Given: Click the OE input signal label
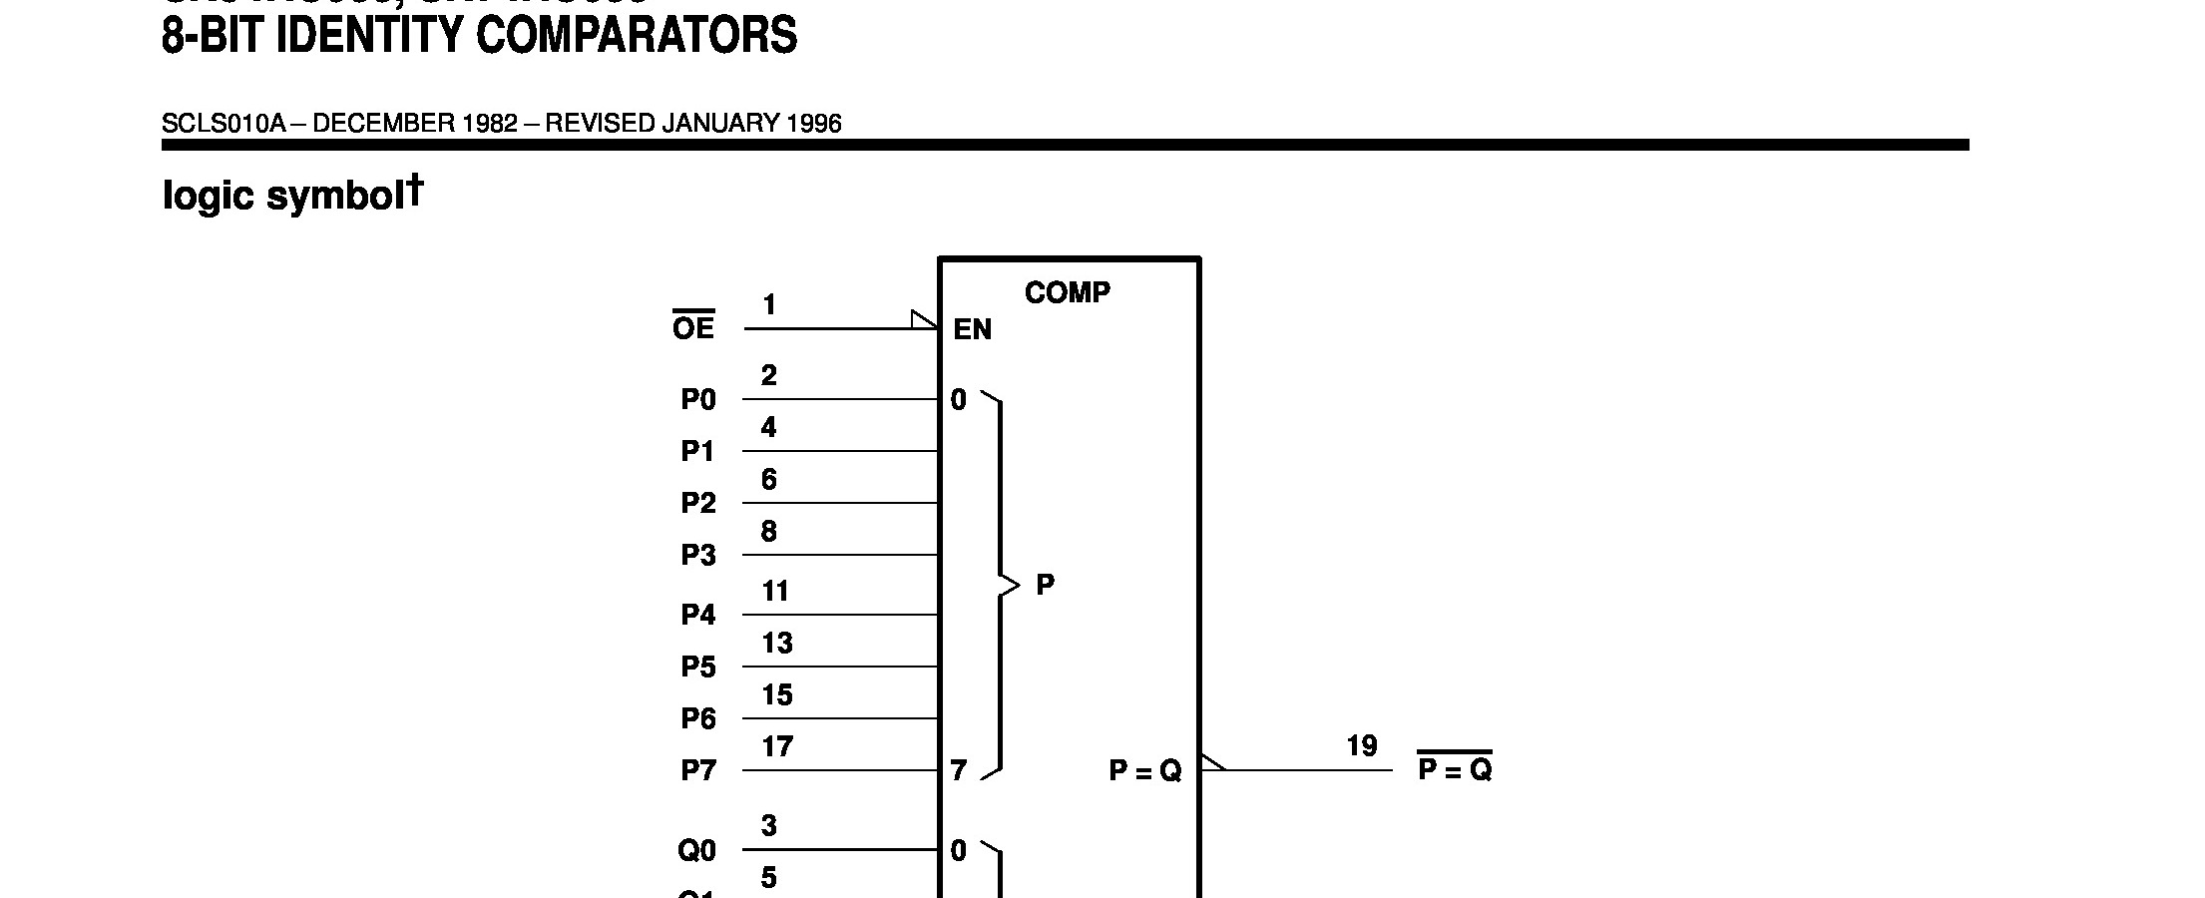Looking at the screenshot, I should (693, 327).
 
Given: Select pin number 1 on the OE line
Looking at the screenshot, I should (769, 304).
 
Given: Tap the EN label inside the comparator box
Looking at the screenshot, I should (973, 329).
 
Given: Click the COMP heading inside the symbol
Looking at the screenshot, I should (1067, 292).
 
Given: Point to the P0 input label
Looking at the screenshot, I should (698, 399).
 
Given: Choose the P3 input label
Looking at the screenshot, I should (698, 555).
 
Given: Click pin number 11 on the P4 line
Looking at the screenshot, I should (775, 591).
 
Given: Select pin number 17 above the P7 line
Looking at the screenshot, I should (777, 746).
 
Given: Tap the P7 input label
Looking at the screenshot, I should (698, 770).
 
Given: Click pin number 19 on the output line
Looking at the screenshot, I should (1362, 746).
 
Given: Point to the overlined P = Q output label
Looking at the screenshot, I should (1455, 769).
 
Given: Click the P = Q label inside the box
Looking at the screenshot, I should (1145, 770).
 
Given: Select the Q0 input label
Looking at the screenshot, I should (697, 850).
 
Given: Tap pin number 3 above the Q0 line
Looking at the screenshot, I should (769, 826).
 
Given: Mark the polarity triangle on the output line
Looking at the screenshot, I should (1211, 762).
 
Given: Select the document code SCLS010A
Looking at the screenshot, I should (223, 124).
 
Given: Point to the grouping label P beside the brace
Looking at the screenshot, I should (1045, 585).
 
